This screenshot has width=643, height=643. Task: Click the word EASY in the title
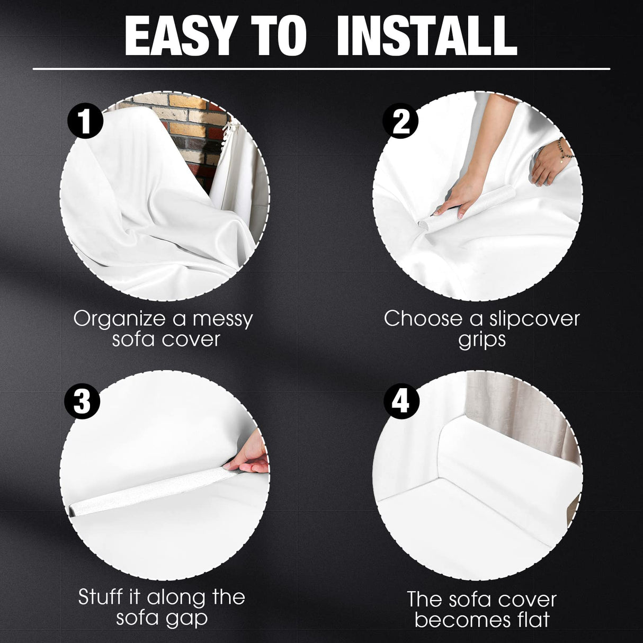point(179,36)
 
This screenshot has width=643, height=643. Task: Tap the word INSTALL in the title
point(426,36)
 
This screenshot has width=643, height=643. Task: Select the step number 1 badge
point(85,121)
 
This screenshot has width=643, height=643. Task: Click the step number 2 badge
point(400,121)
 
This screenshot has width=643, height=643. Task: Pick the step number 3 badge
point(82,401)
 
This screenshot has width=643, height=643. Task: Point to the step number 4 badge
point(401,401)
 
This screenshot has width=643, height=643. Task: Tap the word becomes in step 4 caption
point(458,619)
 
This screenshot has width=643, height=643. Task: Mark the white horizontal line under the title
point(321,69)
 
